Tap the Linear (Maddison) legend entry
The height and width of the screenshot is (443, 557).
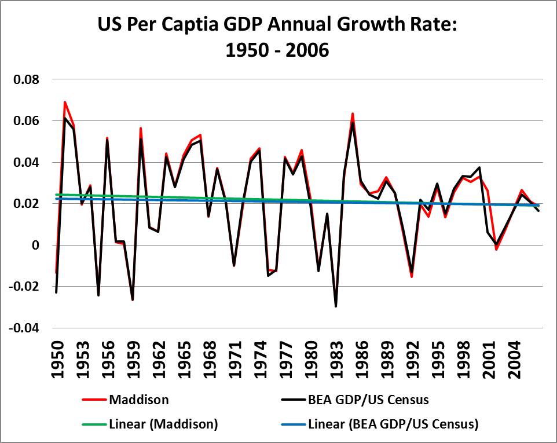click(x=163, y=424)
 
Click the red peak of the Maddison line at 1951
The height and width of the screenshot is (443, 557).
click(x=65, y=102)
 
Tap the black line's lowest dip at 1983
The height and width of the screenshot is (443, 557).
click(x=336, y=306)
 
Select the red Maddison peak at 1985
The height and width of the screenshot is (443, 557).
click(x=352, y=114)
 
